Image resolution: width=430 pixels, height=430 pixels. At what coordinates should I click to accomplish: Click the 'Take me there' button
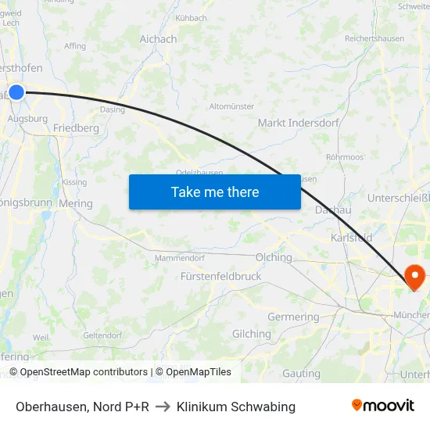pos(215,192)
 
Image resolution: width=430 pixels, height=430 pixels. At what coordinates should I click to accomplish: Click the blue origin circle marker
pos(16,91)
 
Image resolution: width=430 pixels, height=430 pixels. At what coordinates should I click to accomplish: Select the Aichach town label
pos(158,39)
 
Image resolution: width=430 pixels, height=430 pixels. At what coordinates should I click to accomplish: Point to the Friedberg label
pos(76,127)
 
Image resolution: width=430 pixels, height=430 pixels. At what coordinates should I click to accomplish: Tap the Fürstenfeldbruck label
pos(220,276)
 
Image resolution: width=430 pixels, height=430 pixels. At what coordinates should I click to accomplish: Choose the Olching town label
pos(274,257)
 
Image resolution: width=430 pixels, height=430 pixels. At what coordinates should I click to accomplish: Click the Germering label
pos(293,317)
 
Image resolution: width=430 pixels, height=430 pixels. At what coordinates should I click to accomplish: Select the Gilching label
pos(251,334)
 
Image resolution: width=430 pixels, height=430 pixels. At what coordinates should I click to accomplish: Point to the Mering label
pos(76,203)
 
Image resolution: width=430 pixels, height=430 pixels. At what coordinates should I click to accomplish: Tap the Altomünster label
pos(232,106)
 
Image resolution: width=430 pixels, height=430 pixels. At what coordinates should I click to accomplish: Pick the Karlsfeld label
pos(351,237)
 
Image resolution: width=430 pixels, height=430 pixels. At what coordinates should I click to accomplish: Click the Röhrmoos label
pos(345,157)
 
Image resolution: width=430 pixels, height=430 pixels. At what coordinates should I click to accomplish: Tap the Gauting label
pos(301,374)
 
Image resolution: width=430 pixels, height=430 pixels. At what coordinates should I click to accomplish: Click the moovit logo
pos(383,406)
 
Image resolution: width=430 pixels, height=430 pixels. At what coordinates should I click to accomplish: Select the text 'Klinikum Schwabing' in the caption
pos(236,407)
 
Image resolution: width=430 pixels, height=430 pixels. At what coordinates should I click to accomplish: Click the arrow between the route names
pos(163,407)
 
